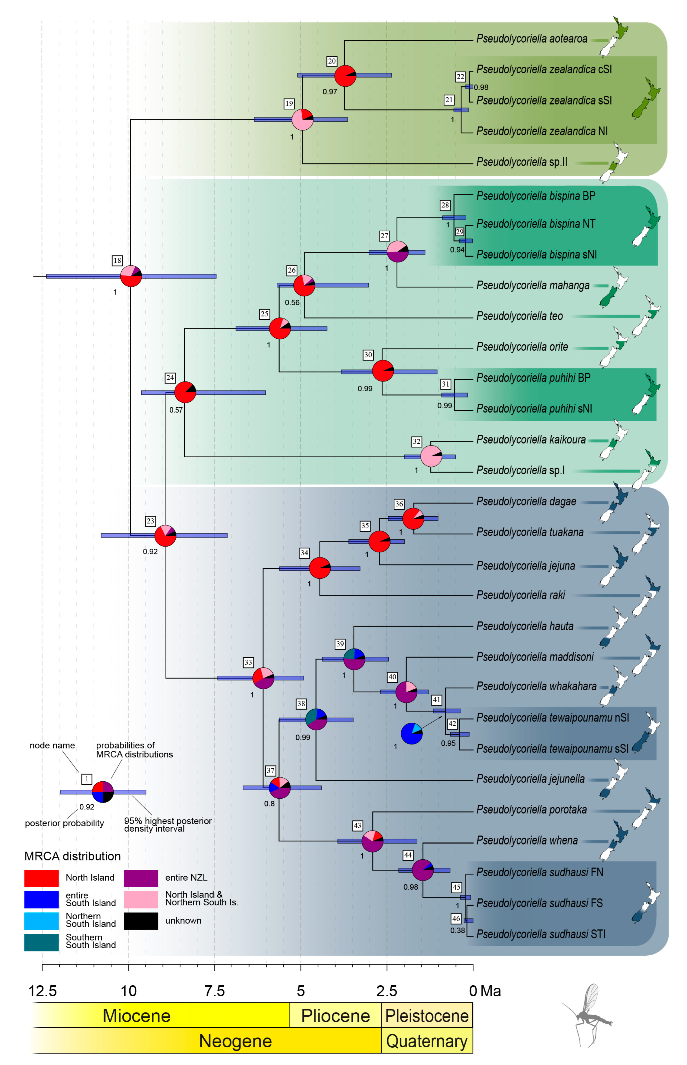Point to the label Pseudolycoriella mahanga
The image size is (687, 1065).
533,285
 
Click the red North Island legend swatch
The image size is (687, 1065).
41,877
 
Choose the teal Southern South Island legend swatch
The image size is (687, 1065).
41,942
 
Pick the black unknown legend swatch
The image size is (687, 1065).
141,921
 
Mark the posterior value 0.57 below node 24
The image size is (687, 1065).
176,410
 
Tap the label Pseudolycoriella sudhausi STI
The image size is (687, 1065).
541,934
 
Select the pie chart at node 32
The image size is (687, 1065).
431,455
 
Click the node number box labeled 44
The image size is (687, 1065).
408,855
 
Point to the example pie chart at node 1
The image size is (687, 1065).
103,792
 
